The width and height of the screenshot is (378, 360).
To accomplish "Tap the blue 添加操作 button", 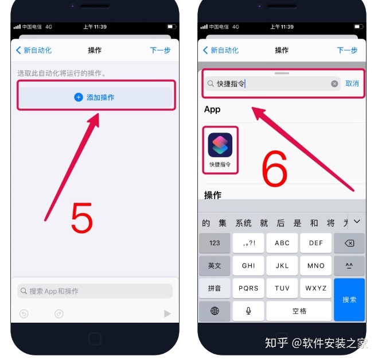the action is pos(95,97).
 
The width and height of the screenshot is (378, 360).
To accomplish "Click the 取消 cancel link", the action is pos(352,83).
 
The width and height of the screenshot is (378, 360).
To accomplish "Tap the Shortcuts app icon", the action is pos(220,145).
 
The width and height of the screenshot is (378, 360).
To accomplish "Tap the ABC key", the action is pos(282,243).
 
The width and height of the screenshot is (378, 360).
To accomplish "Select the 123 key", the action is pos(215,243).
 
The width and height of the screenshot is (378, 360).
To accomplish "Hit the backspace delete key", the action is pos(349,243).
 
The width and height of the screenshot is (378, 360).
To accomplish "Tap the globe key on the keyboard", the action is pos(215,311).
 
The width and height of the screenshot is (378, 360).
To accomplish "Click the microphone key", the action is pos(248,311).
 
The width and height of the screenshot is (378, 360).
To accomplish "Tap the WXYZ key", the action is pos(316,288).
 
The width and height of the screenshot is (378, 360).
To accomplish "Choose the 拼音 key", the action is pos(215,288).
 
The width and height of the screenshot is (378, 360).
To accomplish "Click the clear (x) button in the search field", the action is pos(334,84).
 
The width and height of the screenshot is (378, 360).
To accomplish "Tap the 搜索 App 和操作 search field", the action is pos(95,291).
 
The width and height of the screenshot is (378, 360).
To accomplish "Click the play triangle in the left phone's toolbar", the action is pos(167,313).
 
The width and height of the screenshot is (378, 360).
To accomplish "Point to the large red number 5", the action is pos(82,218).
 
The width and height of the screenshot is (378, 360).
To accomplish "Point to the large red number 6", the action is pos(275,168).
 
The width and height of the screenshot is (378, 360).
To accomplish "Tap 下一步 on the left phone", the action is pos(160,50).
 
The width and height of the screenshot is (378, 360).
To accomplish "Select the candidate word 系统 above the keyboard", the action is pos(243,223).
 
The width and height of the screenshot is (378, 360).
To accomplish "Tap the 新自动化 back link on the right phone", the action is pos(221,50).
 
